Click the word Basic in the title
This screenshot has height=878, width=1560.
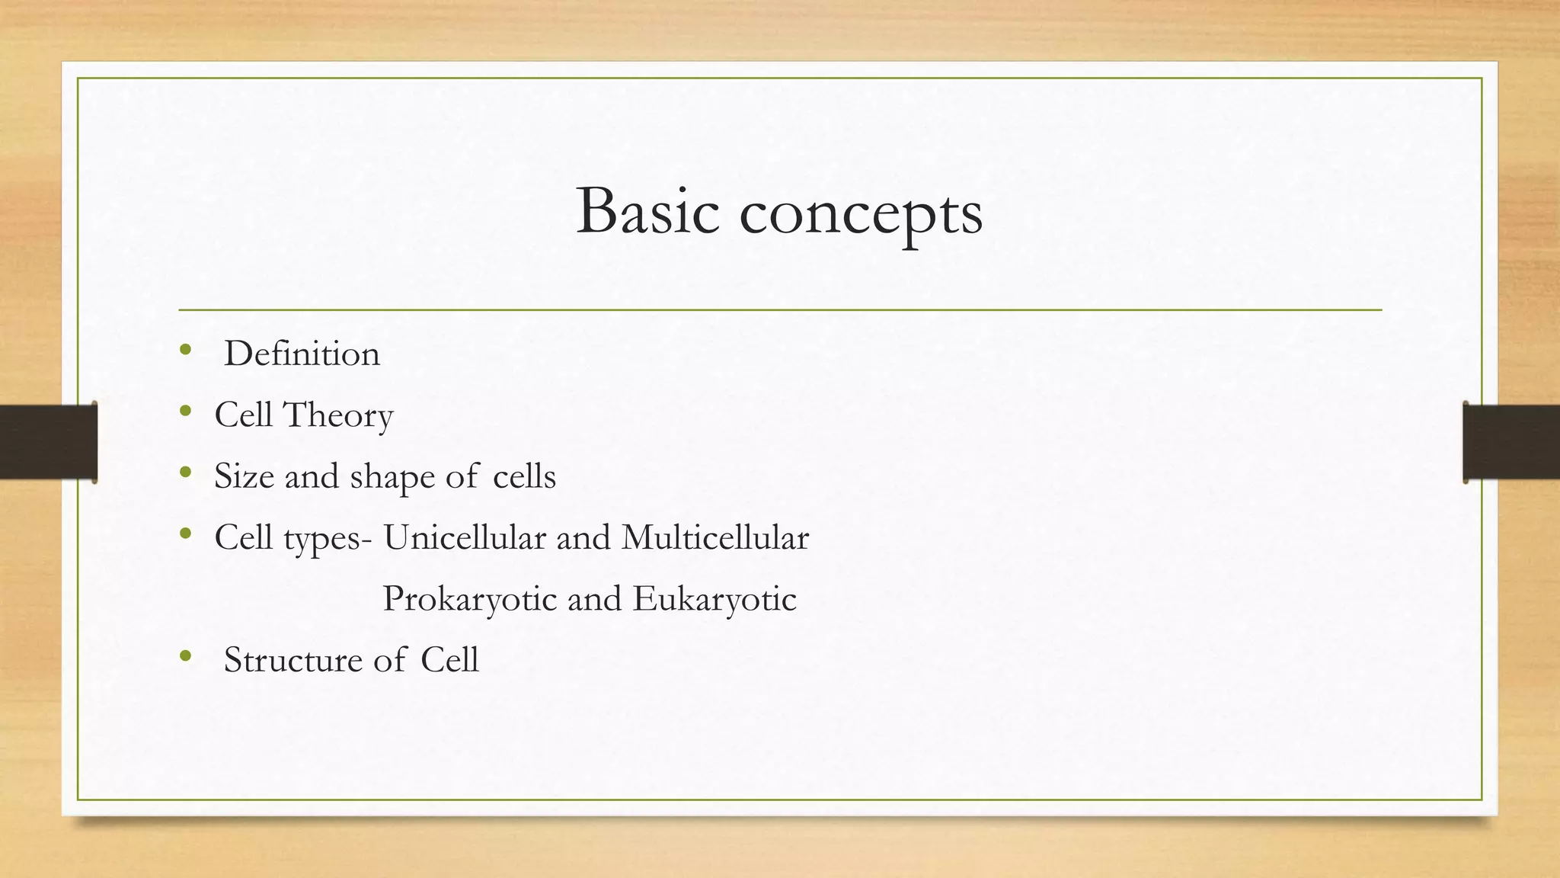[x=647, y=211]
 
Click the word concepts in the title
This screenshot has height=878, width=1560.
[x=861, y=213]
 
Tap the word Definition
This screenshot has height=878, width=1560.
[x=302, y=354]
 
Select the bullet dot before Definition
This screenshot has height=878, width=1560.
[x=185, y=351]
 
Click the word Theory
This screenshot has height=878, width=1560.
[x=337, y=416]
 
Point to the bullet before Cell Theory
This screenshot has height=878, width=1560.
[x=185, y=412]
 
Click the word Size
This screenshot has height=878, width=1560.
[x=244, y=477]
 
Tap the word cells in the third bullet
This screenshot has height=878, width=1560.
[x=524, y=477]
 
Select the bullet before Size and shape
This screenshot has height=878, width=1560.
[x=185, y=473]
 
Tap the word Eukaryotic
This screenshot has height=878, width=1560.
[x=714, y=600]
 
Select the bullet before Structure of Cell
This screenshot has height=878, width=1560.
[x=185, y=655]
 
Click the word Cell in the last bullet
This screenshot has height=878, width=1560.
[x=449, y=660]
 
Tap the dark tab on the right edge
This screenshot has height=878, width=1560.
[x=1511, y=442]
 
